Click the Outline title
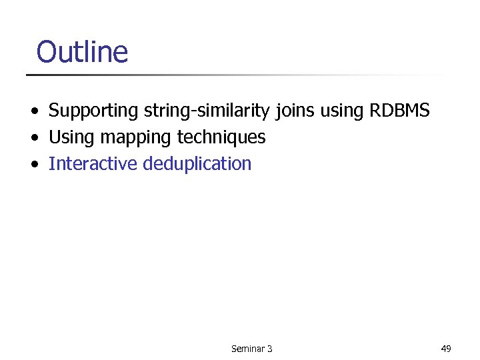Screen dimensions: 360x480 pyautogui.click(x=81, y=51)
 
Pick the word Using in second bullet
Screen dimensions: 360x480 pyautogui.click(x=71, y=138)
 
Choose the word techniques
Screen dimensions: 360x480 pyautogui.click(x=221, y=137)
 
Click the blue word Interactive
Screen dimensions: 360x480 pyautogui.click(x=93, y=163)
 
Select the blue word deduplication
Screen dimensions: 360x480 pyautogui.click(x=197, y=164)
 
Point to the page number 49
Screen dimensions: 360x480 pyautogui.click(x=446, y=348)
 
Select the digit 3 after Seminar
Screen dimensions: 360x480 pyautogui.click(x=269, y=349)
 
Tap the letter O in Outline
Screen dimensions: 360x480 pyautogui.click(x=47, y=51)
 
